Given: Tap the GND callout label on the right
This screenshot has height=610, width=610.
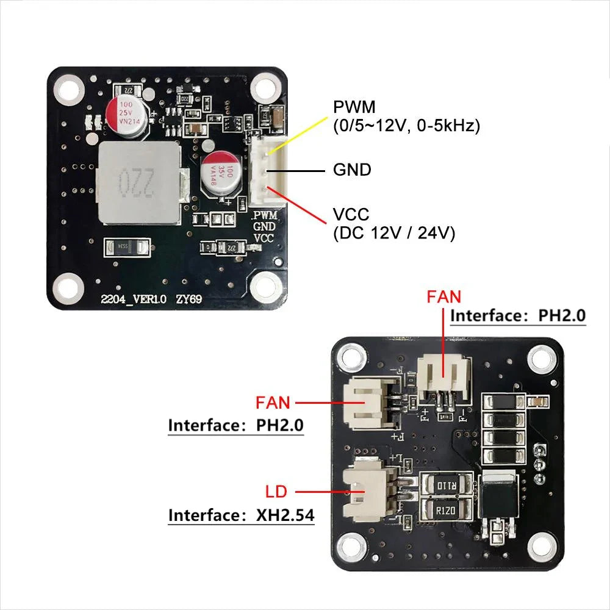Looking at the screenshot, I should (352, 170).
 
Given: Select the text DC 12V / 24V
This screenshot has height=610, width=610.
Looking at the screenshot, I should (394, 233).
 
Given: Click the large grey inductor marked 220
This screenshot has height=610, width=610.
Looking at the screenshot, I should (138, 181).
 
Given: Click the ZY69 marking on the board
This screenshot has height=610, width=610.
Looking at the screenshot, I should (190, 299).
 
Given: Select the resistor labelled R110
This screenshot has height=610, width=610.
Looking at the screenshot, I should (444, 486).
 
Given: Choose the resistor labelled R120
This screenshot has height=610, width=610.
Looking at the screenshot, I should (444, 509).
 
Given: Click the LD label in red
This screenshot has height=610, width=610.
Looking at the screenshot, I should (276, 491).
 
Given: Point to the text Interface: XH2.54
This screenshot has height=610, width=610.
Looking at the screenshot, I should (242, 515).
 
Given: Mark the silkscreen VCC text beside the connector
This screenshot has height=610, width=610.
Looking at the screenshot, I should (264, 238).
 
